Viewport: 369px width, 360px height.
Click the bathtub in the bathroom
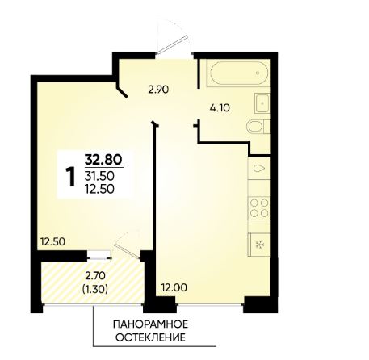pyautogui.click(x=239, y=73)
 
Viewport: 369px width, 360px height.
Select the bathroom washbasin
pyautogui.click(x=262, y=103)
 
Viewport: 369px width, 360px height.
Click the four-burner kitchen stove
pyautogui.click(x=259, y=207)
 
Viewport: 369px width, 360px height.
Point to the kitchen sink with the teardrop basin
pyautogui.click(x=259, y=169)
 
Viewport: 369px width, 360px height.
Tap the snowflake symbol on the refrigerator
pyautogui.click(x=260, y=245)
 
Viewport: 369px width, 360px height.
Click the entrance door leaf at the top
pyautogui.click(x=172, y=45)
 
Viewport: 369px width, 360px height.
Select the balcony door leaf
pyautogui.click(x=128, y=252)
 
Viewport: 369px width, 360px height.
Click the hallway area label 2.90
pyautogui.click(x=158, y=90)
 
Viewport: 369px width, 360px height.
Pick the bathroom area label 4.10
pyautogui.click(x=220, y=108)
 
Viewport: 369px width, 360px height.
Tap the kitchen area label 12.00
pyautogui.click(x=174, y=288)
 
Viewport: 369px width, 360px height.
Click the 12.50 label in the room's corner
pyautogui.click(x=52, y=241)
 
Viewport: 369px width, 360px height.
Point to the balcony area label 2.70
pyautogui.click(x=95, y=276)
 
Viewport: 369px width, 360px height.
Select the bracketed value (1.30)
pyautogui.click(x=95, y=289)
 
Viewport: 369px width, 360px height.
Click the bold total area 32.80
pyautogui.click(x=103, y=160)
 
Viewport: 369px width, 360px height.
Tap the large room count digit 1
pyautogui.click(x=71, y=176)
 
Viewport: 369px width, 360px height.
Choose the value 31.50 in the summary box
pyautogui.click(x=99, y=176)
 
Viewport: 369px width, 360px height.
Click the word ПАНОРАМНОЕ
pyautogui.click(x=150, y=324)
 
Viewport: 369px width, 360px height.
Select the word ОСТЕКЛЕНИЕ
pyautogui.click(x=150, y=337)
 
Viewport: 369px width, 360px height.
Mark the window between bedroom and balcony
pyautogui.click(x=99, y=256)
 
